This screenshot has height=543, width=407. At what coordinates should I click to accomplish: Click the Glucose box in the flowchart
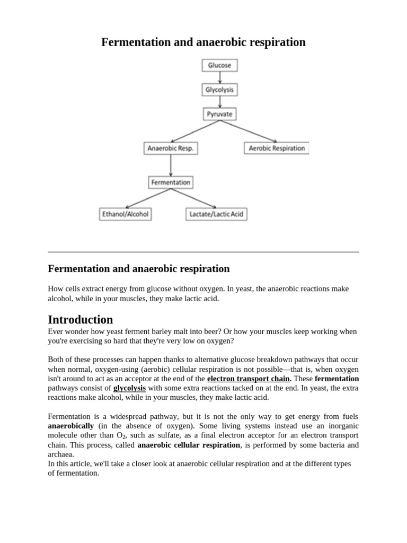pyautogui.click(x=219, y=65)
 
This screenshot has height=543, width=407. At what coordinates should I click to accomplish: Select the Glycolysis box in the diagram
pyautogui.click(x=219, y=90)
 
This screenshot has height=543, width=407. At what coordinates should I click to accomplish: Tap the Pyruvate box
pyautogui.click(x=219, y=114)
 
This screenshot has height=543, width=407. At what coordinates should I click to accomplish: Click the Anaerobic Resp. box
pyautogui.click(x=171, y=148)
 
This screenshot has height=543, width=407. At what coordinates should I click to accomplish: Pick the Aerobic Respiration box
pyautogui.click(x=277, y=148)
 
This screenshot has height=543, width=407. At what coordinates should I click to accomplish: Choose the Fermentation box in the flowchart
pyautogui.click(x=170, y=182)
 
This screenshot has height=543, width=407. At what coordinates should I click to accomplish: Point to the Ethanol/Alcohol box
pyautogui.click(x=125, y=214)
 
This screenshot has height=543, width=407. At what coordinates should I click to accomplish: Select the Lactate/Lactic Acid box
pyautogui.click(x=217, y=214)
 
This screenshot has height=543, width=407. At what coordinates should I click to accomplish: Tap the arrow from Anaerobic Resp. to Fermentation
pyautogui.click(x=171, y=165)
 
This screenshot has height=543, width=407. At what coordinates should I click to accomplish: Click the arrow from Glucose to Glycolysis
pyautogui.click(x=219, y=77)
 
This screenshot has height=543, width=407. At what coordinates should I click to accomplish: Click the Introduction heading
pyautogui.click(x=81, y=320)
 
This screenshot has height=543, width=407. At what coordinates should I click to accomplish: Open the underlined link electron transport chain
pyautogui.click(x=249, y=379)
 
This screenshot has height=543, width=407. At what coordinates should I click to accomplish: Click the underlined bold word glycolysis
pyautogui.click(x=129, y=388)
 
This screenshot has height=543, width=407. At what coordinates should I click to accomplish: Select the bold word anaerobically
pyautogui.click(x=71, y=426)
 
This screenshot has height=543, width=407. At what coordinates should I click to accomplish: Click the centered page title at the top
pyautogui.click(x=203, y=42)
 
